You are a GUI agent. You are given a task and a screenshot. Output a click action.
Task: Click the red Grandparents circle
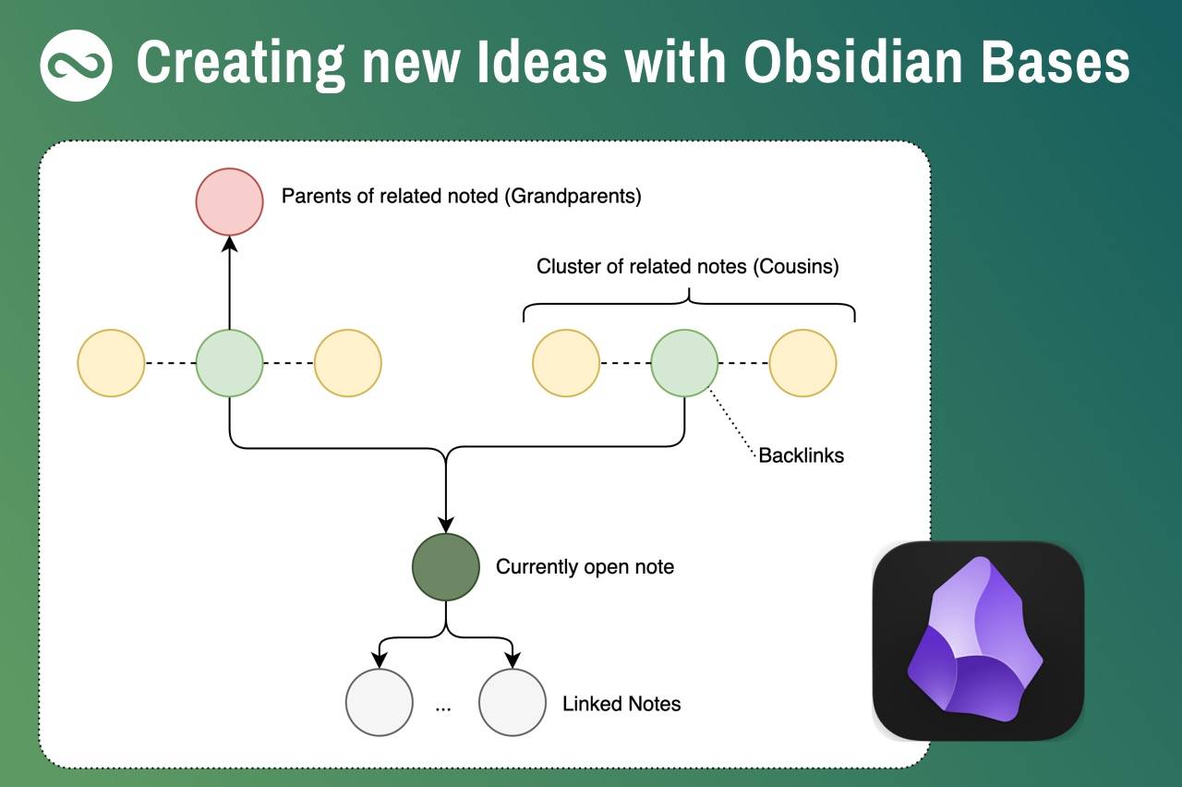230,201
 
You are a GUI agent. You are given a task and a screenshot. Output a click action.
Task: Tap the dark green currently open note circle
446,567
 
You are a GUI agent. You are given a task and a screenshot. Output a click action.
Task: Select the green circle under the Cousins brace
684,363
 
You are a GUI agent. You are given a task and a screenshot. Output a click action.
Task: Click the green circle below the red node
230,363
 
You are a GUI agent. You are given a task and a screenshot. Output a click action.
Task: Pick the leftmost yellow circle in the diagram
112,363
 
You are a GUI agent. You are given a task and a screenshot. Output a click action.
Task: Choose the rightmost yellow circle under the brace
802,363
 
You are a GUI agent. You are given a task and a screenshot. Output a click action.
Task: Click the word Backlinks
801,455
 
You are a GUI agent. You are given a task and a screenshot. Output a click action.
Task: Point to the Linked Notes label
621,704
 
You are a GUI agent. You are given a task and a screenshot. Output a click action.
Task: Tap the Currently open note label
585,567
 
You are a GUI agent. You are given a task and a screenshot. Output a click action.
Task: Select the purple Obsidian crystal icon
975,640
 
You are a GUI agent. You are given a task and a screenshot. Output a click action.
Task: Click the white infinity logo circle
77,65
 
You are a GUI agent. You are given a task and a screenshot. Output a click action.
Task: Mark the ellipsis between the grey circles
443,707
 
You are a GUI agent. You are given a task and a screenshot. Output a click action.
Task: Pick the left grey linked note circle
379,702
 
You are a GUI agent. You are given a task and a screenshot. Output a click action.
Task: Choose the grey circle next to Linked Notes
513,702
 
